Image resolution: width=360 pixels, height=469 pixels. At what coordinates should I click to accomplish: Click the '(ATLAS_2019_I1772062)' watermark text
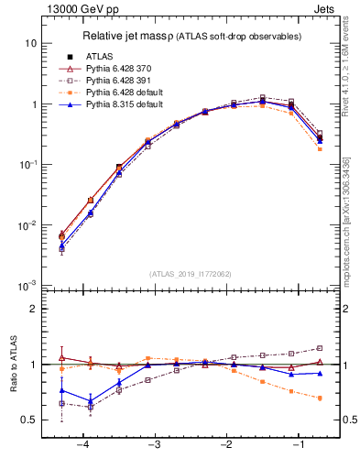click(x=191, y=273)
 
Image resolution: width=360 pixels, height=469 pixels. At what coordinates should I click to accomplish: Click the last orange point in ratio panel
click(x=320, y=398)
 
